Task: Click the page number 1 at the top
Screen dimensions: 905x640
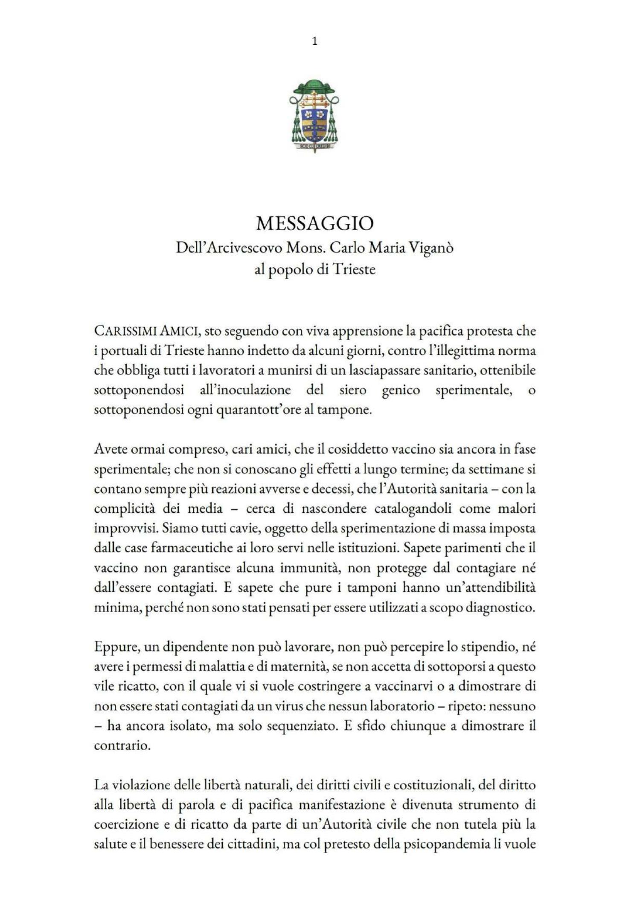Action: [315, 41]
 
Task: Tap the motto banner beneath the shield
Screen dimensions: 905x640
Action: [314, 146]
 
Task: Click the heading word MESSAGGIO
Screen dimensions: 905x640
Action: [315, 223]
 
